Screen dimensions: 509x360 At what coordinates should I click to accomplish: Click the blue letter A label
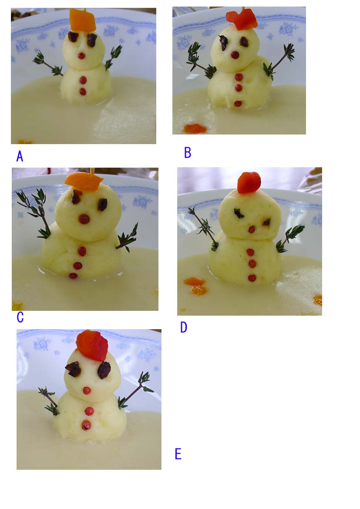point(20,156)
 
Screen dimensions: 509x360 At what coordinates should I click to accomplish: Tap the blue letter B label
point(188,153)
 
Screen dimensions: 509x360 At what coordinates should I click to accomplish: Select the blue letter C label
point(20,317)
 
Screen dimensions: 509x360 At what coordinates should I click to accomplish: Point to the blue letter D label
point(184,327)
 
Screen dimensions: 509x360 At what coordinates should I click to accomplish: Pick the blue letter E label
point(178,454)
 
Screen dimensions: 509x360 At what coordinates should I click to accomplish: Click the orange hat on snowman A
point(82,20)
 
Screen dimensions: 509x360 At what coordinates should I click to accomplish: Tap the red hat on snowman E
point(92,345)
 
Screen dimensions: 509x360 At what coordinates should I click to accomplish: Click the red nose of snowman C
point(84,219)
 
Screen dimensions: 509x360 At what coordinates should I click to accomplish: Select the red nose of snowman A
point(81,56)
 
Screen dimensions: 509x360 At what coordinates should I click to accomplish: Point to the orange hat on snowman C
point(84,182)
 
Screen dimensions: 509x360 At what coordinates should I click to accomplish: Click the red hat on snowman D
point(249,182)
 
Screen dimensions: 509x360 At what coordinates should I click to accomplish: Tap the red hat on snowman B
point(242,20)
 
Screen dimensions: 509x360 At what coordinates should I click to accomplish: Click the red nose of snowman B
point(235,55)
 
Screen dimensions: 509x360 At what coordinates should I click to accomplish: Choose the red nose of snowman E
point(87,391)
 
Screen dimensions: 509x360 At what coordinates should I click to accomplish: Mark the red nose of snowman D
point(252,229)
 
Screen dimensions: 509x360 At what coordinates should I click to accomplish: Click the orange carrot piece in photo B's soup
point(195,128)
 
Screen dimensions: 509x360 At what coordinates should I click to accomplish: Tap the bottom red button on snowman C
point(73,276)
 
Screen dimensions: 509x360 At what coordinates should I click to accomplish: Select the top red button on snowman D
point(250,252)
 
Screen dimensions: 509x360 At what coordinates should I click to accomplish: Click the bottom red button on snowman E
point(87,425)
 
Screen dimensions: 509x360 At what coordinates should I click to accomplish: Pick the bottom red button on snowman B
point(238,104)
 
